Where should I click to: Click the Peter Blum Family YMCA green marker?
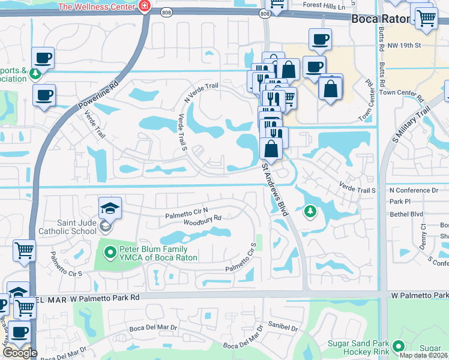point(109,253)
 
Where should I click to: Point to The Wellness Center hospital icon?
point(144,7)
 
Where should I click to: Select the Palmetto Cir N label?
point(187,212)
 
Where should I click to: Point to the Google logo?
point(20,353)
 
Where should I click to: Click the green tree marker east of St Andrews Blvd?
point(310,211)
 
